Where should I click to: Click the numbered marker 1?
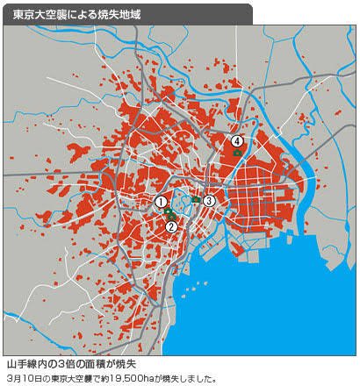click(162, 202)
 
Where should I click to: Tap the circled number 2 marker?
click(172, 226)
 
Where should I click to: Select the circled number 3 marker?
click(209, 201)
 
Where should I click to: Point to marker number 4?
click(237, 140)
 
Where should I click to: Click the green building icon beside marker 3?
click(196, 199)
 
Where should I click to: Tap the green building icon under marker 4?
click(237, 154)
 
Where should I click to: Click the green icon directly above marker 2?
click(173, 216)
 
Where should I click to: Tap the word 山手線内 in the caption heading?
click(28, 362)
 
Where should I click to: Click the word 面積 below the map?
click(97, 362)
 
